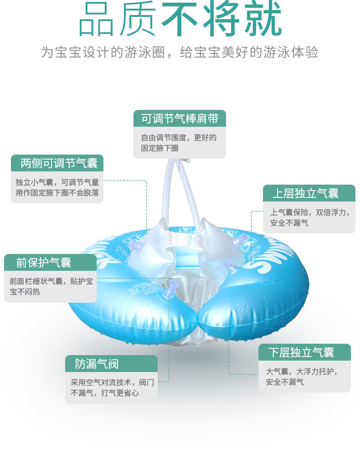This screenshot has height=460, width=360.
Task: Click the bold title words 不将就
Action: pyautogui.click(x=221, y=19)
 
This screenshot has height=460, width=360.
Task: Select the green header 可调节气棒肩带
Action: pyautogui.click(x=180, y=119)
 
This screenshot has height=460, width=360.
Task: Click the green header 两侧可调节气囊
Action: pyautogui.click(x=57, y=163)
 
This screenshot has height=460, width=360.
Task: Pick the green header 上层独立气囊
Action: pyautogui.click(x=309, y=193)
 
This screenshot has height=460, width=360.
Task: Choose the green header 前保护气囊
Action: pyautogui.click(x=50, y=263)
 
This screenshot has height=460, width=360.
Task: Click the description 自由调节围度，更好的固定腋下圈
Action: pyautogui.click(x=180, y=143)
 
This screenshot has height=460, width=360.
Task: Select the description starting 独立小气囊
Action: pyautogui.click(x=57, y=187)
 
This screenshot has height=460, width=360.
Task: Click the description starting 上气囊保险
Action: pyautogui.click(x=309, y=217)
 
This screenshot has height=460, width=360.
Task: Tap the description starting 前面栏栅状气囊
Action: pyautogui.click(x=50, y=287)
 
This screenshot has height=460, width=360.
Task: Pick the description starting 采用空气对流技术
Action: pyautogui.click(x=111, y=388)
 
